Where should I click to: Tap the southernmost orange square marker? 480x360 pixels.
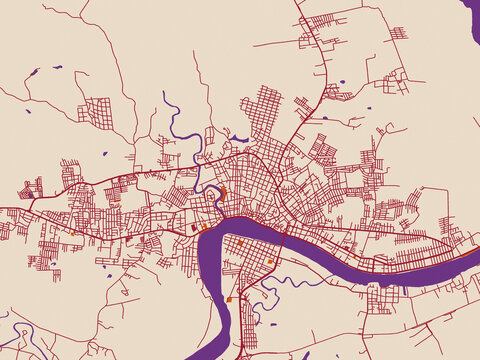[x=229, y=298]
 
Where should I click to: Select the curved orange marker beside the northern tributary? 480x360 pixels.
[x=224, y=190]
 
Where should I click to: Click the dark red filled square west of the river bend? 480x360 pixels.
[x=194, y=228]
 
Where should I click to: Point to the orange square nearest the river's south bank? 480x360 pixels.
[x=240, y=242]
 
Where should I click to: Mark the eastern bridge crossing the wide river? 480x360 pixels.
[x=284, y=236]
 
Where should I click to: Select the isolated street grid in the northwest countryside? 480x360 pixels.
[x=98, y=112]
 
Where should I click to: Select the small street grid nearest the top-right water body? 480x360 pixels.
[x=398, y=33]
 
